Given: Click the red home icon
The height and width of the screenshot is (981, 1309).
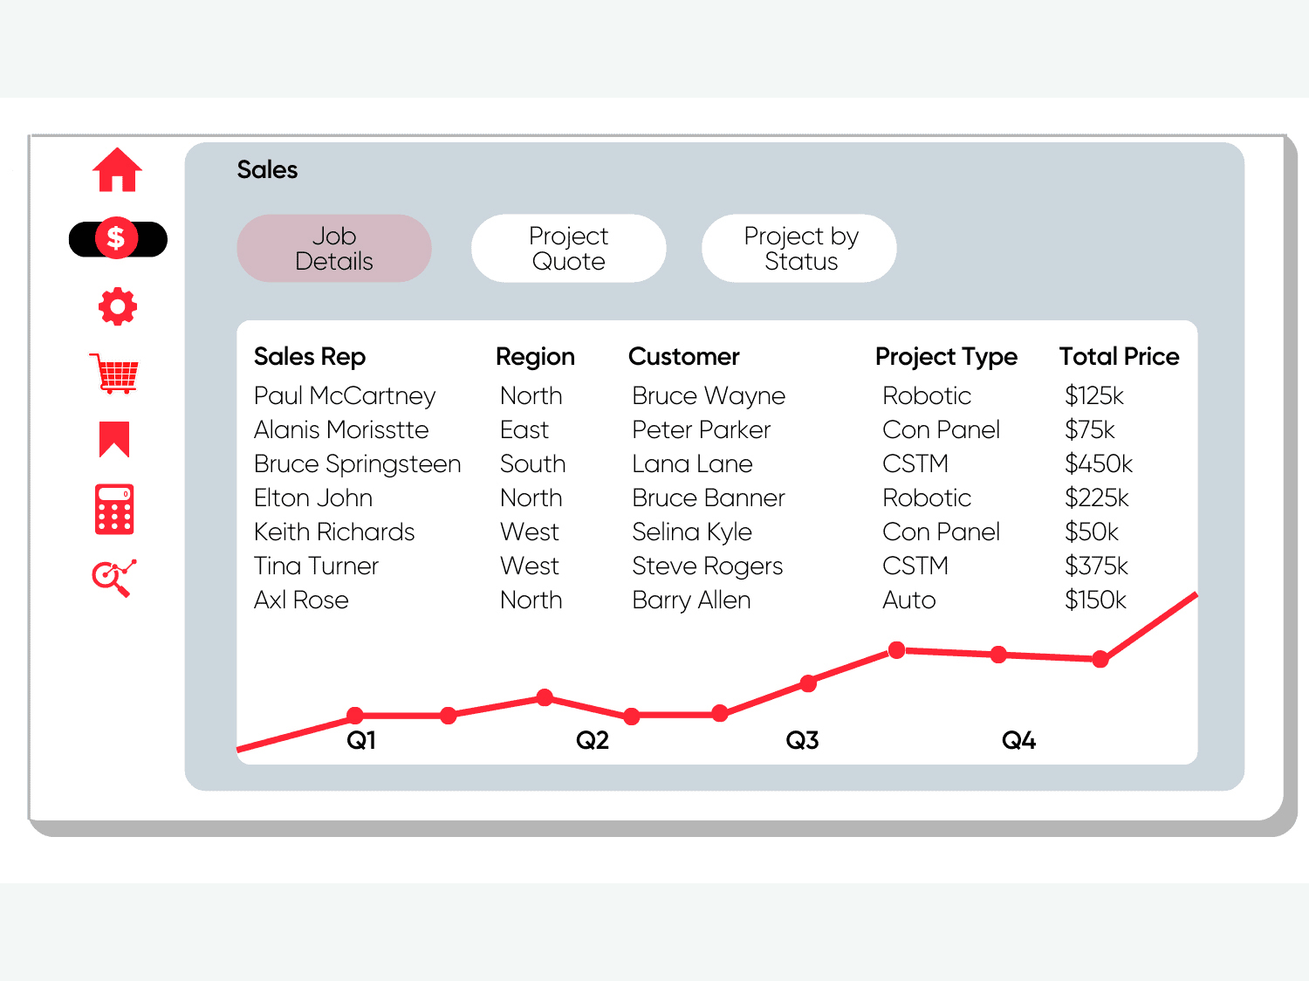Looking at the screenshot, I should coord(117,170).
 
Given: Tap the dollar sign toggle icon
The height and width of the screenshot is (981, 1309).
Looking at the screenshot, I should coord(117,238).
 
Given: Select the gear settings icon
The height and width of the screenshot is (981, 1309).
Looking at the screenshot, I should coord(117,307).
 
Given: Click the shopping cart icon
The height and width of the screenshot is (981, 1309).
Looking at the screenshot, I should coord(114,374).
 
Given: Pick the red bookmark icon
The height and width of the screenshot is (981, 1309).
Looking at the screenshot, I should coord(114,439).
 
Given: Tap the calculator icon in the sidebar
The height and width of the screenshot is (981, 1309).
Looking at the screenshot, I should coord(114,509).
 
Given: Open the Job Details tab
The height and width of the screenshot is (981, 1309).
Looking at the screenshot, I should coord(334,249).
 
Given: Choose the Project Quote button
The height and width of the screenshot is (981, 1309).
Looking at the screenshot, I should coord(568,249).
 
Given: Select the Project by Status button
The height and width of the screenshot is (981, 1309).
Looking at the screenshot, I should coord(799,249).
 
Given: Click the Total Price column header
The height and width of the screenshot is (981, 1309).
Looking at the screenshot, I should coord(1119,357).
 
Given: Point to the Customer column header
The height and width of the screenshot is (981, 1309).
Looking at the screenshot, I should coord(683,357).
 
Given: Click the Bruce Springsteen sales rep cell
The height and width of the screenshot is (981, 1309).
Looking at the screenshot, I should coord(357,464).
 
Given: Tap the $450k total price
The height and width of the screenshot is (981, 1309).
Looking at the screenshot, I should coord(1099,464).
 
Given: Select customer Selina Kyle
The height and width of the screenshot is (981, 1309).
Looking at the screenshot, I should coord(692,532).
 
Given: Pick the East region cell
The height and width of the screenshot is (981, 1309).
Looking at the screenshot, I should coord(524,430).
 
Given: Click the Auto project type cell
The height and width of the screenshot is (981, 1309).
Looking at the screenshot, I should coord(909,600).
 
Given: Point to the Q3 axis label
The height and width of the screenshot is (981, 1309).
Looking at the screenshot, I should coord(802,741).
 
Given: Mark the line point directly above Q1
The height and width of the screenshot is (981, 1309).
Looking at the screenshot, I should coord(355,716).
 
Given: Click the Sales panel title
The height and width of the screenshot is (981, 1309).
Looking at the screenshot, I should coord(267,170).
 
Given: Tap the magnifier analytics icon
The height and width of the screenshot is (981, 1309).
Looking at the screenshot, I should coord(113,578).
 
